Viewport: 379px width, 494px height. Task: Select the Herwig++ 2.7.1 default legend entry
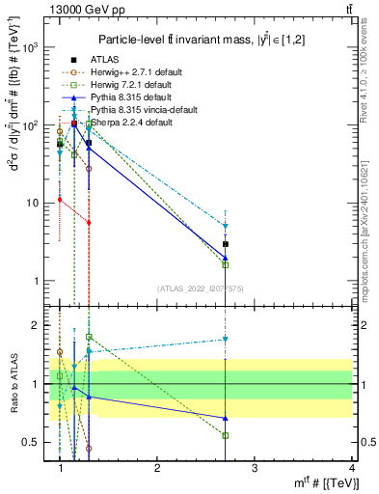[x=122, y=72]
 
